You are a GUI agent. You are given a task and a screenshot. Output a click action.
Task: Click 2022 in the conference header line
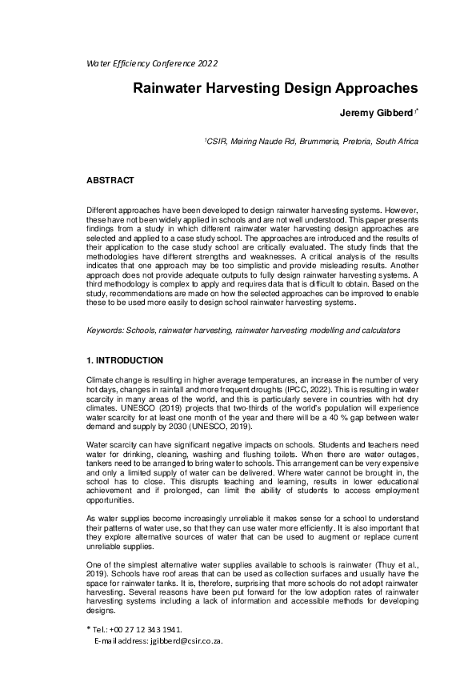click(204, 63)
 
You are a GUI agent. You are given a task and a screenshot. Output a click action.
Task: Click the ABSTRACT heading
click(110, 181)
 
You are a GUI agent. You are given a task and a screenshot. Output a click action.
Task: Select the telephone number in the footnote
click(150, 629)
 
